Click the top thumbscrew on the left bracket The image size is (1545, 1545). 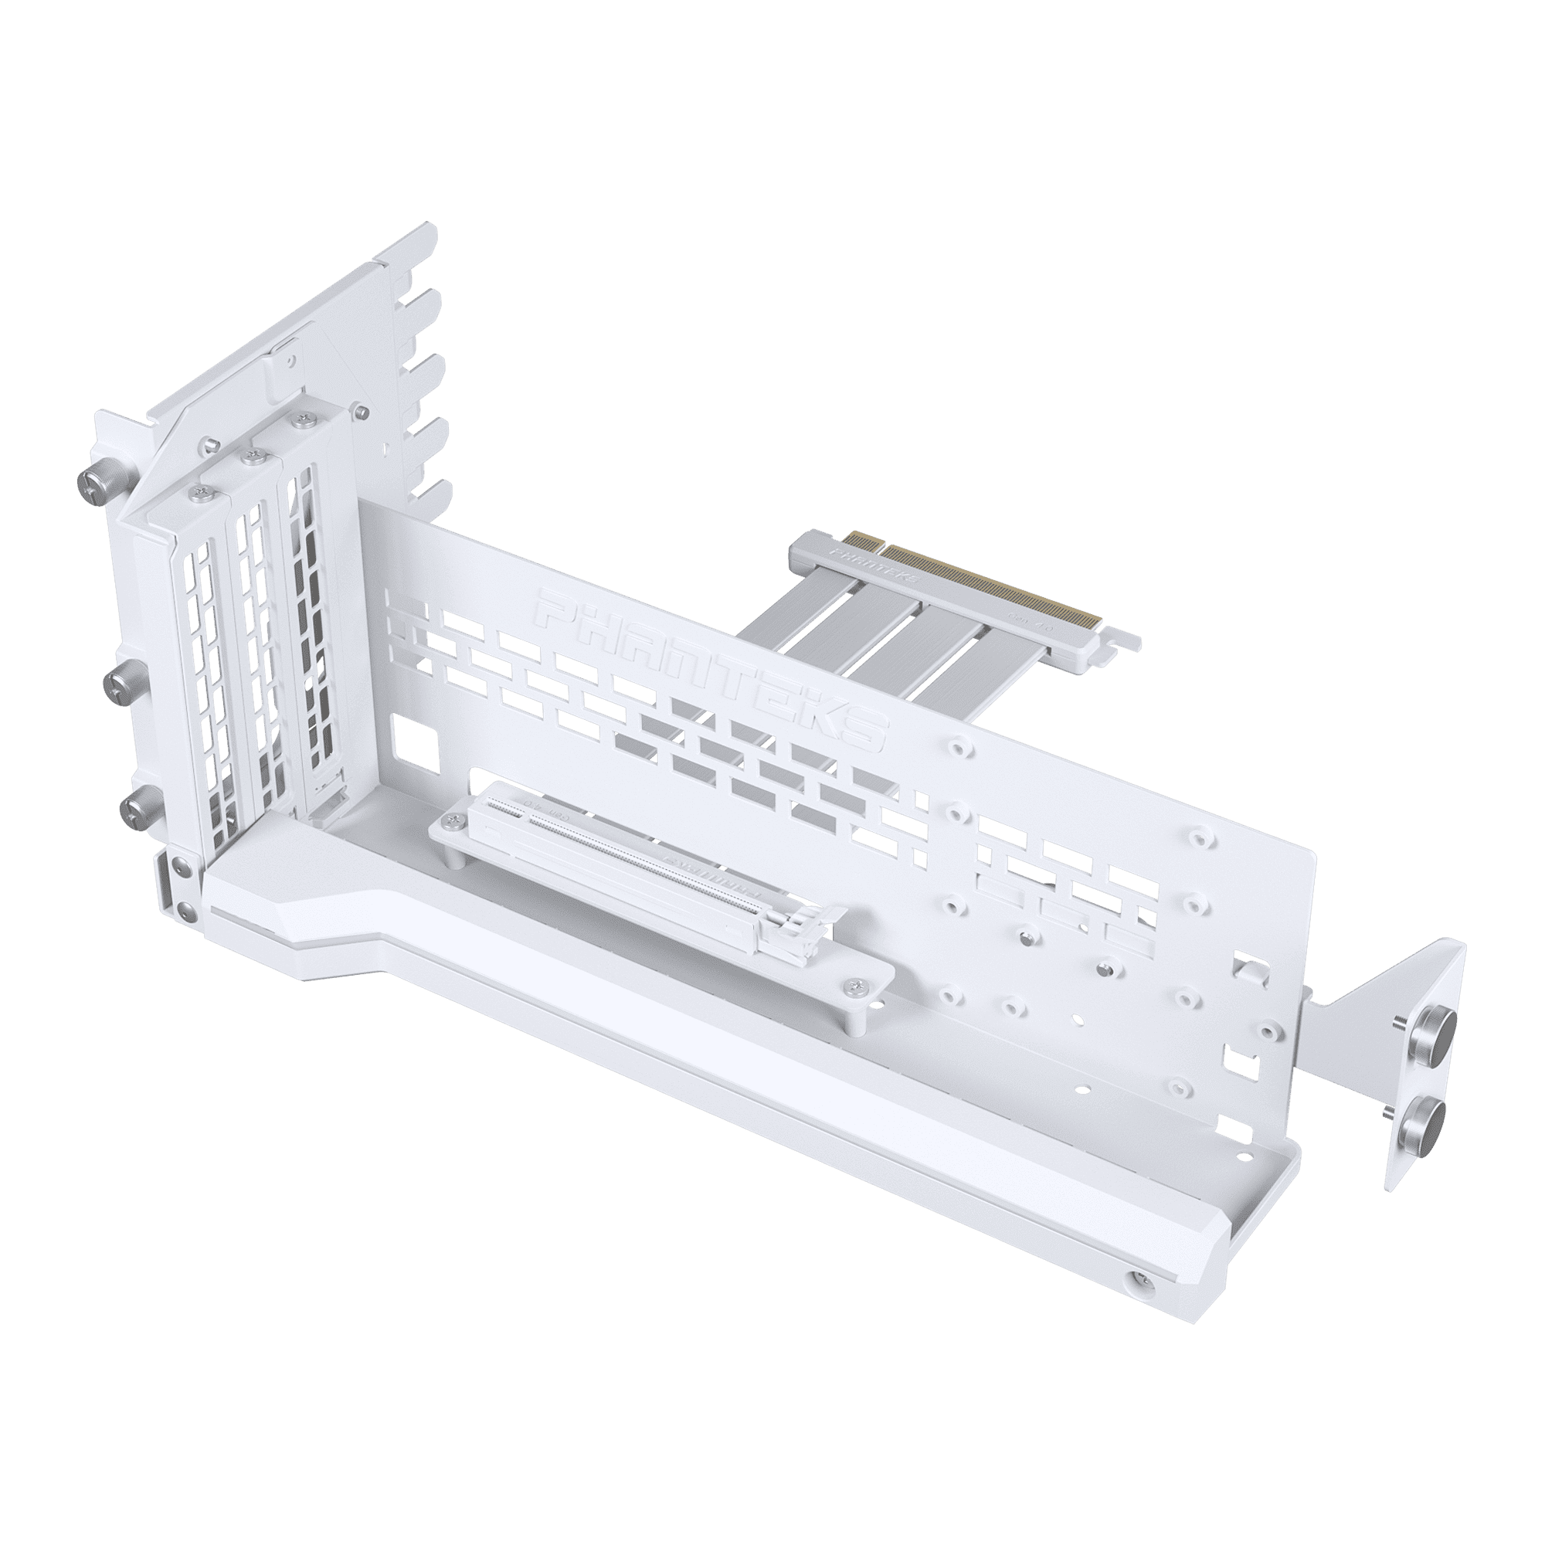[x=90, y=480]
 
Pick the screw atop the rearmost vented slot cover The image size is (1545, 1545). [x=302, y=419]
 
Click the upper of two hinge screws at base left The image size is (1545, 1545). [x=176, y=864]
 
